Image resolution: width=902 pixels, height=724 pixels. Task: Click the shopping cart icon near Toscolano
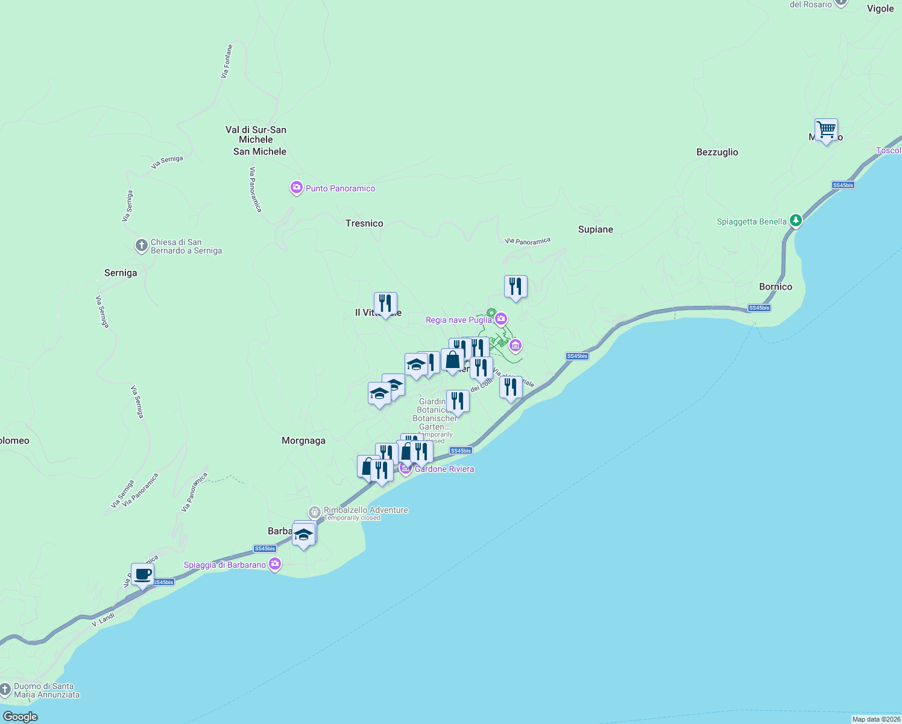click(826, 130)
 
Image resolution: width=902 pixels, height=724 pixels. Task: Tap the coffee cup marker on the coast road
click(142, 574)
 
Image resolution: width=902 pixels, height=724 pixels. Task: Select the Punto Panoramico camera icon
click(296, 188)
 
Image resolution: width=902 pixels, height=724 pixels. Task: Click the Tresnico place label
click(364, 223)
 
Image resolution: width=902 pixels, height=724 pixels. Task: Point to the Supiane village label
click(596, 229)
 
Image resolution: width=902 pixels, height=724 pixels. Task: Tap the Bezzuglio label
click(717, 152)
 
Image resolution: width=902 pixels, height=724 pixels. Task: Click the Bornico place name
click(775, 287)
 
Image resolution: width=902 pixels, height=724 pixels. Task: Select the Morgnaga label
click(303, 440)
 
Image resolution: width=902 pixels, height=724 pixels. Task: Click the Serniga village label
click(121, 273)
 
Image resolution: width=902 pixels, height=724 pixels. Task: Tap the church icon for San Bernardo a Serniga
click(141, 246)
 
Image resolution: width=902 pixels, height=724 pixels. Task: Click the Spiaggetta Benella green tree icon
click(796, 221)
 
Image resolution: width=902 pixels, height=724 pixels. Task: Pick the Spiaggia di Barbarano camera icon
click(275, 564)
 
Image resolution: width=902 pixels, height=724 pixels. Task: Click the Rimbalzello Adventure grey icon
click(314, 512)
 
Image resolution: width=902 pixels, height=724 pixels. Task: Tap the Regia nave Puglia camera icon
click(501, 319)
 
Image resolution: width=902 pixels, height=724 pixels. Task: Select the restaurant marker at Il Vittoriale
click(385, 303)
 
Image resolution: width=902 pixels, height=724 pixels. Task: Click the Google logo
click(20, 717)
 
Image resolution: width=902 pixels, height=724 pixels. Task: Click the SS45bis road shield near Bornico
click(759, 308)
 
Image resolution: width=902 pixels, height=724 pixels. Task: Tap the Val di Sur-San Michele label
click(256, 135)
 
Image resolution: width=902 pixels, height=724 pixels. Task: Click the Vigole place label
click(880, 8)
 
